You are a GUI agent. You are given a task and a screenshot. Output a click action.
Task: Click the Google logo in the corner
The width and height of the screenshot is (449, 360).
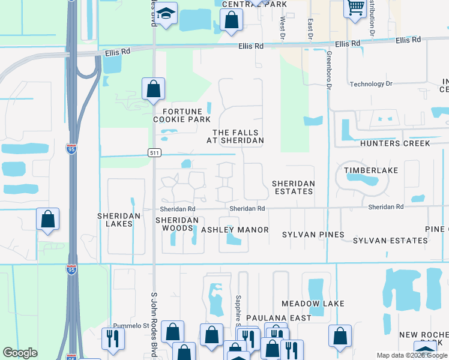pos(20,353)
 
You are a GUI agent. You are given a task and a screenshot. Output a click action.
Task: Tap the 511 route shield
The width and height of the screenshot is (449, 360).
pos(154,154)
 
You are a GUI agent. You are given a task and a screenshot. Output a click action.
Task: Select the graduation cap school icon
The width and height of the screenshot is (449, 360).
pos(167,13)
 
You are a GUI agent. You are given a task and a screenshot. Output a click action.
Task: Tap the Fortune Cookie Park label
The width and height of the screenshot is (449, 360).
pos(181,115)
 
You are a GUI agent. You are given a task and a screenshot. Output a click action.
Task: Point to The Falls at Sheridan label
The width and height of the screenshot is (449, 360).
pos(238,136)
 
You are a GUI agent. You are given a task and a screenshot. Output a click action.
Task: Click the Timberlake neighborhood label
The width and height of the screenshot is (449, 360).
pos(371,170)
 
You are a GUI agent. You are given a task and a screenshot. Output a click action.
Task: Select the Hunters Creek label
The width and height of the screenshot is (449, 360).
pos(395,143)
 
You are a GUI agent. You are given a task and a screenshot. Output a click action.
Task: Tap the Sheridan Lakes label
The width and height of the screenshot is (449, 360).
pos(119,220)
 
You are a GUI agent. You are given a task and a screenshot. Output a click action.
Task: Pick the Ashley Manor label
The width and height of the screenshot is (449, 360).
pos(234,230)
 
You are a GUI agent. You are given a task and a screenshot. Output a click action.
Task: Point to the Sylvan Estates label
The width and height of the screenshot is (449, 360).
pos(390,241)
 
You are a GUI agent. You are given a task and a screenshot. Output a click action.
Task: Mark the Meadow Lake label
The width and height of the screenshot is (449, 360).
pos(313,304)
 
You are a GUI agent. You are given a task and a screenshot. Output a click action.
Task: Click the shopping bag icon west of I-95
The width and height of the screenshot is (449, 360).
pos(47,220)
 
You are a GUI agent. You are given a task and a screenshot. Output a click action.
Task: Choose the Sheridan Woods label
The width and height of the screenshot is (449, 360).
pos(177,224)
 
